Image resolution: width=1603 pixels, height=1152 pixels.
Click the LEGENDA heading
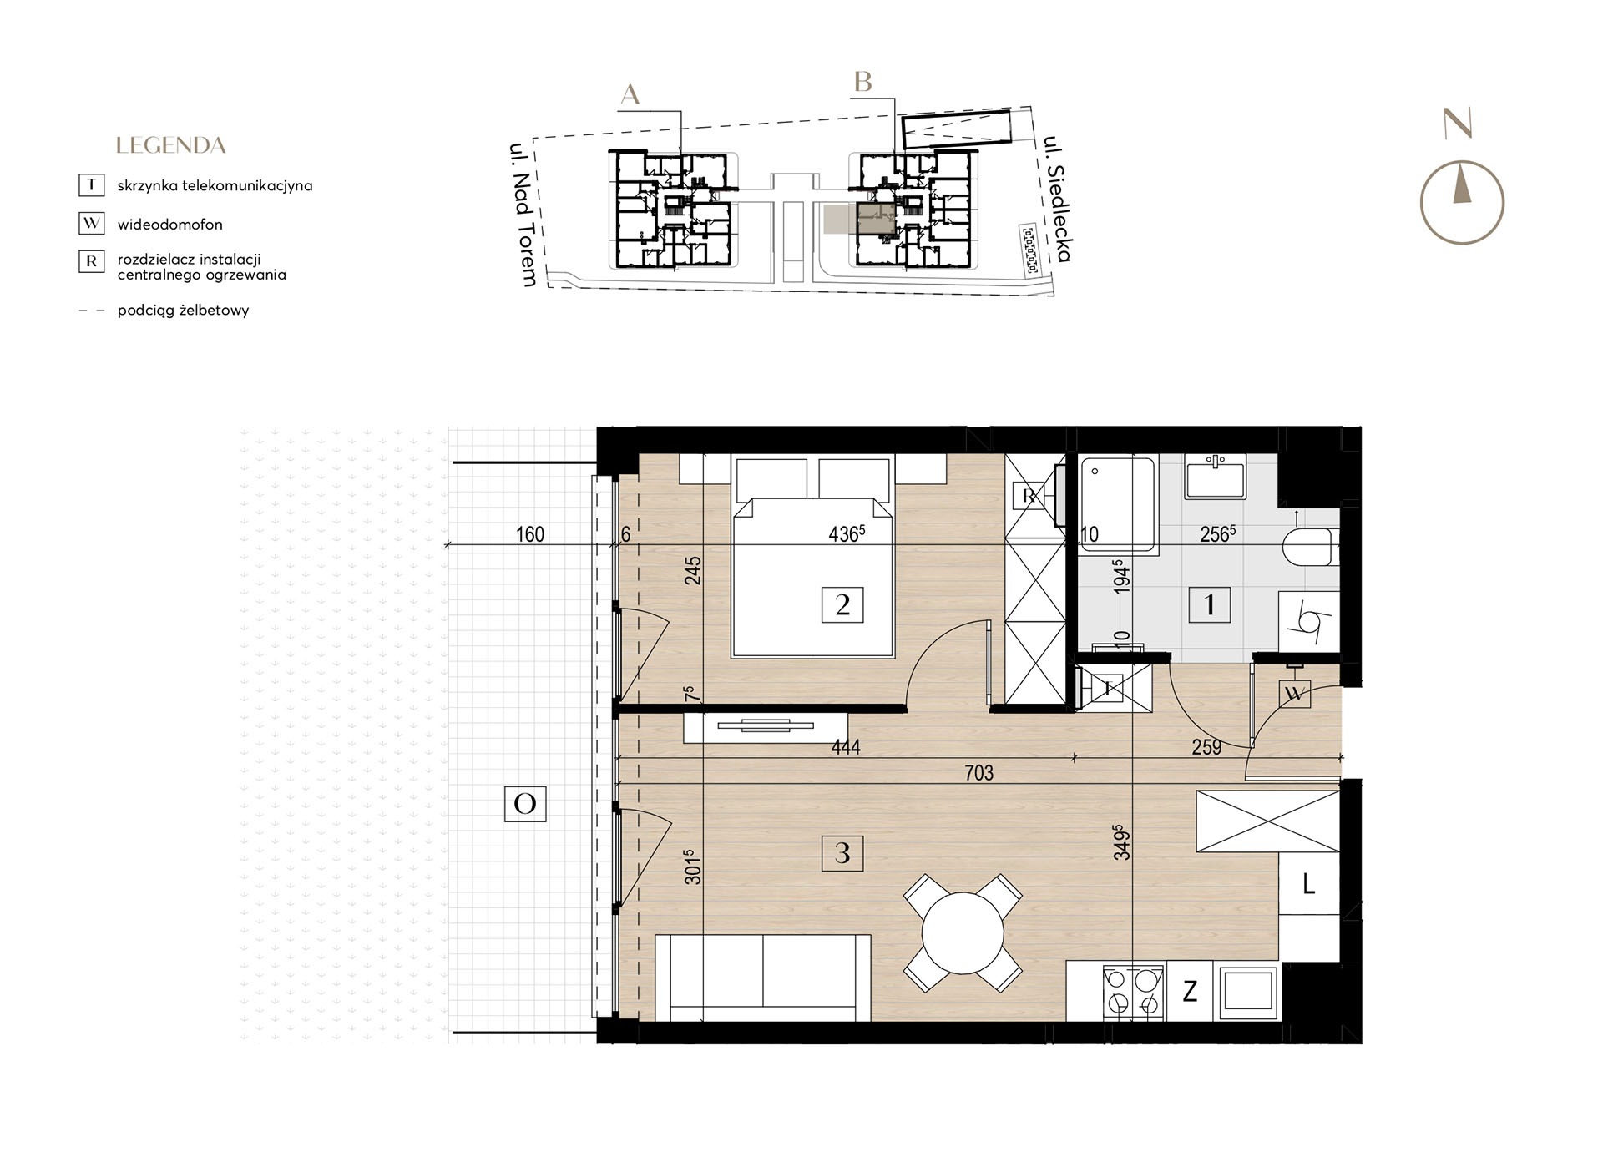tap(171, 145)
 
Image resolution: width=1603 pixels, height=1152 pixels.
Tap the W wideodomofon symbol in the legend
tap(91, 224)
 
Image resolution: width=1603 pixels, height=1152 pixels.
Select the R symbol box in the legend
tap(91, 261)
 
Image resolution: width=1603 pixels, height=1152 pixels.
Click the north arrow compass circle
tap(1462, 203)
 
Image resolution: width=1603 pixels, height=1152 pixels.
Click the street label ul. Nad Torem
tap(523, 215)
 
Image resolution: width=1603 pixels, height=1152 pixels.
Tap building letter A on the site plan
tap(630, 94)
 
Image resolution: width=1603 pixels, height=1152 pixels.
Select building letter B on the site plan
tap(862, 82)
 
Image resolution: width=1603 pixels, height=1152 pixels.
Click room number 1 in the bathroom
tap(1209, 604)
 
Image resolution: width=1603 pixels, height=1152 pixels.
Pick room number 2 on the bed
tap(842, 604)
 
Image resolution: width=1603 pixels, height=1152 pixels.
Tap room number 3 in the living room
tap(842, 852)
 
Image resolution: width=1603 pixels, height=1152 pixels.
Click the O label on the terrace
tap(525, 803)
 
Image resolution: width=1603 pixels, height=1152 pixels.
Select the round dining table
tap(963, 932)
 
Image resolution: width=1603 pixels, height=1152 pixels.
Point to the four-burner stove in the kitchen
tap(1134, 992)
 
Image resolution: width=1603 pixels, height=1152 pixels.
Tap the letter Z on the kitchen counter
tap(1191, 992)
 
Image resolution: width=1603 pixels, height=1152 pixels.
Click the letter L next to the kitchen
tap(1308, 884)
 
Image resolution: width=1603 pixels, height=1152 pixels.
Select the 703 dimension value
tap(979, 773)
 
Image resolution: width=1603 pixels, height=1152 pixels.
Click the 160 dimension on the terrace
tap(530, 533)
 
